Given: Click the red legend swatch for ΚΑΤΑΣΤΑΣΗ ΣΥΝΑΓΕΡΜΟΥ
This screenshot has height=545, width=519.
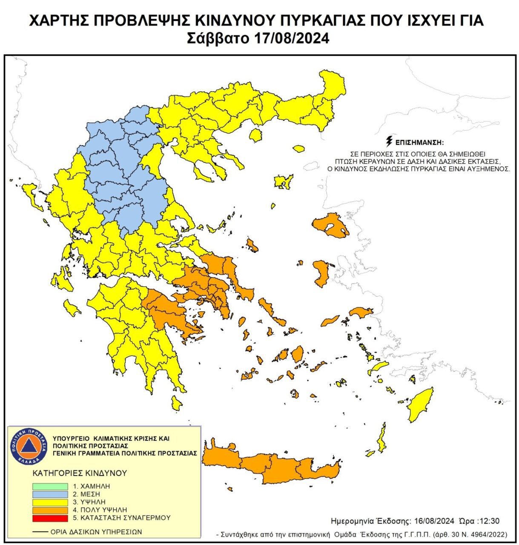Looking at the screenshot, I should [x=50, y=518].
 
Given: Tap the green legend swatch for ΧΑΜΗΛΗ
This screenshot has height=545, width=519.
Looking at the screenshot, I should [x=50, y=486].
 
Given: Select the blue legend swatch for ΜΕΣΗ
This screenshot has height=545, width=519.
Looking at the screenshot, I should [x=50, y=494].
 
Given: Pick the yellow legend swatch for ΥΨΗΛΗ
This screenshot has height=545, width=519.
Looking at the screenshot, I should [x=50, y=502].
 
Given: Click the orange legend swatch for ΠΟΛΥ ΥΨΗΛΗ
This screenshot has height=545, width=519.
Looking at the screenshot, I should [x=50, y=510].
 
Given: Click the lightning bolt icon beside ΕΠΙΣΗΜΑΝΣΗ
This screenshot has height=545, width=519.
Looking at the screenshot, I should [x=388, y=141].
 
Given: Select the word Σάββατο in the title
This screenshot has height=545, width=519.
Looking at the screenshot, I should [x=218, y=38].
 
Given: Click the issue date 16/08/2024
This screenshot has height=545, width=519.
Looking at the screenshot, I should [x=431, y=521].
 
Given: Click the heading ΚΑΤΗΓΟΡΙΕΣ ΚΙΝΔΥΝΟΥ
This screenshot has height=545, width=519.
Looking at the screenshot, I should [x=80, y=473].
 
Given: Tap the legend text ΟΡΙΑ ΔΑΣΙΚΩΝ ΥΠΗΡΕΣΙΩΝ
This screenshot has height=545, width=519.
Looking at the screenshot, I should [x=96, y=532].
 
